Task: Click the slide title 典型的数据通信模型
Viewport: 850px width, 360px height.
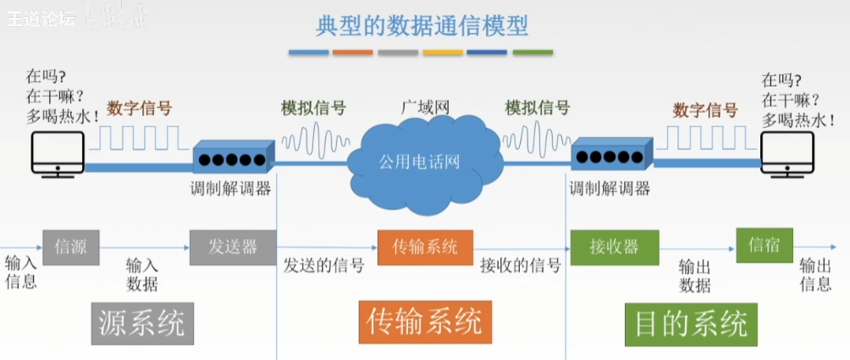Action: pyautogui.click(x=422, y=25)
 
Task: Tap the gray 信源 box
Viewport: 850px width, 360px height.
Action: pyautogui.click(x=70, y=247)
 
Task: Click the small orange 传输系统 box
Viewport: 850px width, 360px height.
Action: pyautogui.click(x=425, y=247)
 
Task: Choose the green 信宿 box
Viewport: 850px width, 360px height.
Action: pyautogui.click(x=764, y=245)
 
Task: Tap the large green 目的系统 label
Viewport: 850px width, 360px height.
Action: pyautogui.click(x=687, y=323)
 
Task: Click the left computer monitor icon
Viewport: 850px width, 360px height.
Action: pyautogui.click(x=58, y=151)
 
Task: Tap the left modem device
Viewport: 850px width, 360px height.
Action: pyautogui.click(x=233, y=158)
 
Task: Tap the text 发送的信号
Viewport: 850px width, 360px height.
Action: pyautogui.click(x=324, y=266)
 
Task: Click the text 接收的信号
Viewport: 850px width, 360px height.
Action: pyautogui.click(x=521, y=266)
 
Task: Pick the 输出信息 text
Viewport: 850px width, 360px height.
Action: pyautogui.click(x=815, y=274)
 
